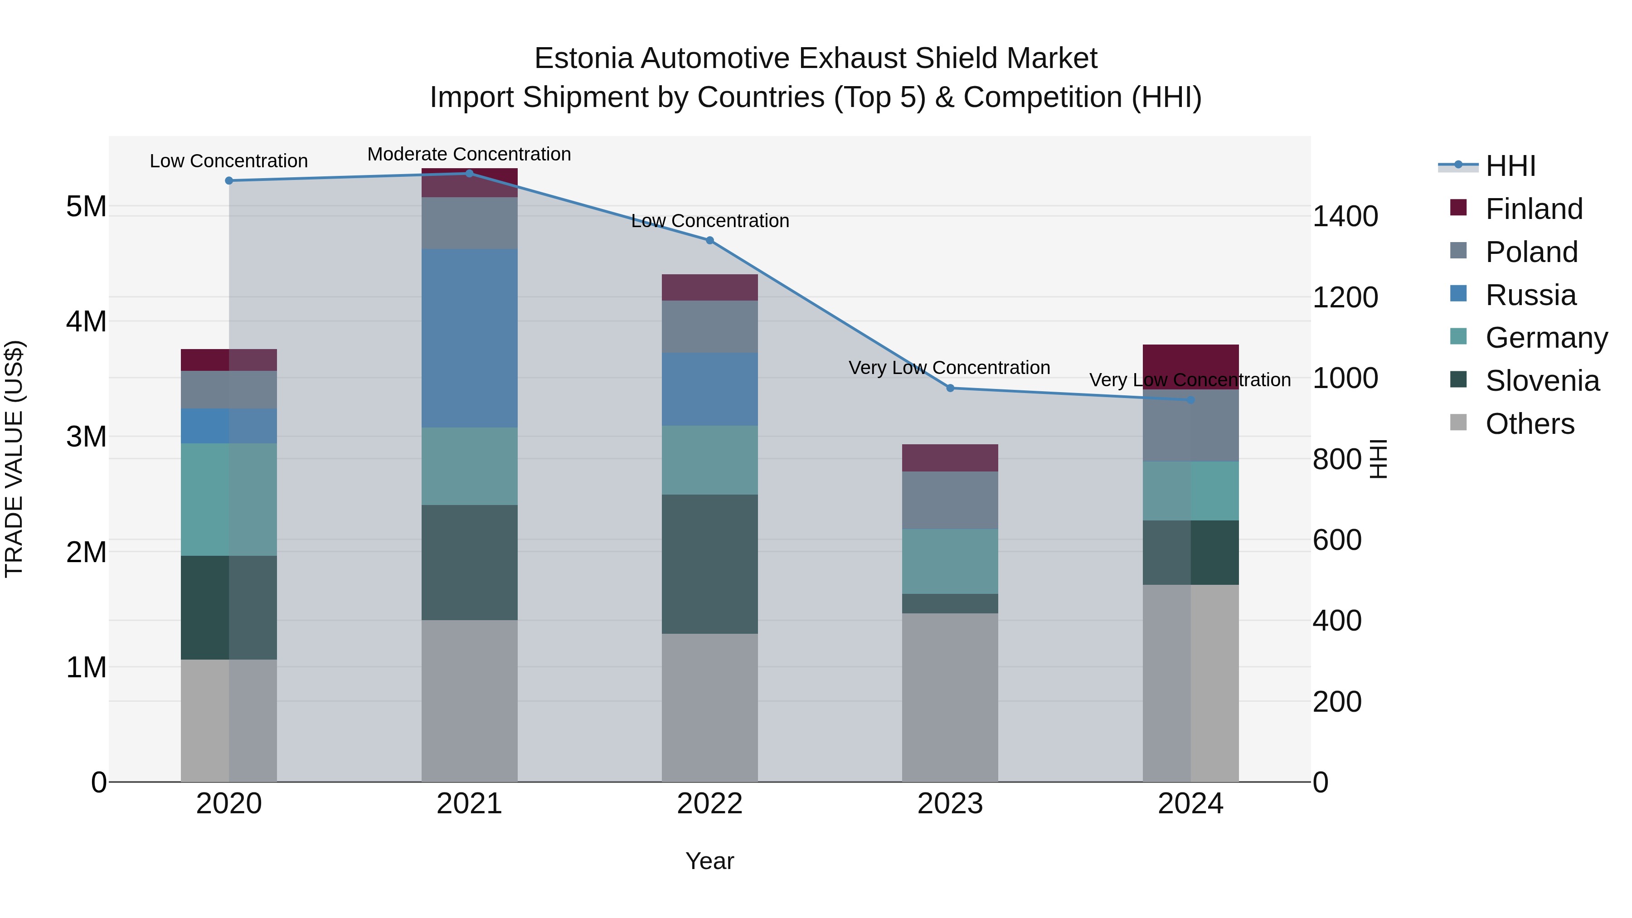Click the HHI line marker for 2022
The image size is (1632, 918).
coord(709,240)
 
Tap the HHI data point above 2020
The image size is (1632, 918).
coord(229,180)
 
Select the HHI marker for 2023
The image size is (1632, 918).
coord(950,388)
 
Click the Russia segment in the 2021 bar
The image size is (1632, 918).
coord(470,338)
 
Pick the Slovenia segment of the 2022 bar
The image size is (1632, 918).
coord(709,564)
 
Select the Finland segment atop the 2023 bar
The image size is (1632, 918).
coord(950,457)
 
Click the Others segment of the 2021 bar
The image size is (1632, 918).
coord(470,700)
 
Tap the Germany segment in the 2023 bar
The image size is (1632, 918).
coord(950,561)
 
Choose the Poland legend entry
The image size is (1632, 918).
coord(1530,252)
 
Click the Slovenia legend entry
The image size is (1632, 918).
coord(1542,381)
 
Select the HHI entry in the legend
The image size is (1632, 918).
coord(1511,166)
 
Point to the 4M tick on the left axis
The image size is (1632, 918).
coord(86,321)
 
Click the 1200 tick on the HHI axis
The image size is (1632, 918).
coord(1345,297)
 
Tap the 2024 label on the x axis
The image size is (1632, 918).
coord(1190,804)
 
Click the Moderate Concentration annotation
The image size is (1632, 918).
coord(469,154)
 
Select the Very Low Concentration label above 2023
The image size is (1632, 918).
coord(949,368)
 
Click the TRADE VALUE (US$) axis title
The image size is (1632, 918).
coord(14,459)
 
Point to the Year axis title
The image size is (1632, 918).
coord(709,861)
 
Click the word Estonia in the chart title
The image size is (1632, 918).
coord(583,58)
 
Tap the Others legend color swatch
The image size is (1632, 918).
coord(1458,423)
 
